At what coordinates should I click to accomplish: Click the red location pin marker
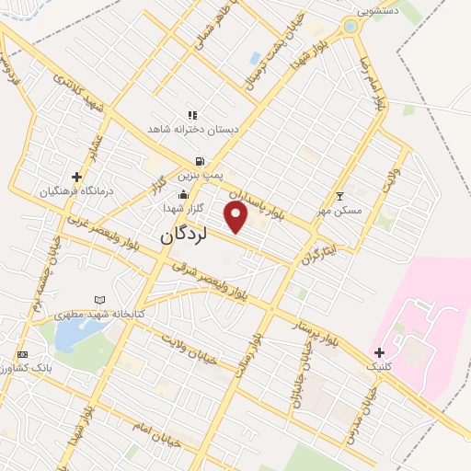click(x=236, y=217)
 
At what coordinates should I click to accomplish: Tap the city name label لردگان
click(x=184, y=234)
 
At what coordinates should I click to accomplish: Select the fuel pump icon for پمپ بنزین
click(x=200, y=160)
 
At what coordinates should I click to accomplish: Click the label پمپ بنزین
click(x=200, y=174)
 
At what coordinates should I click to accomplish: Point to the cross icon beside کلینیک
click(x=379, y=351)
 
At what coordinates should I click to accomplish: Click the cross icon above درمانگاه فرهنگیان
click(x=76, y=177)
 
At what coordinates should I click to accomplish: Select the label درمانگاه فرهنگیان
click(x=75, y=191)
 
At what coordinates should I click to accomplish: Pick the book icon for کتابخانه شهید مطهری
click(x=99, y=300)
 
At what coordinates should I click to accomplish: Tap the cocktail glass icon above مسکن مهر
click(x=339, y=196)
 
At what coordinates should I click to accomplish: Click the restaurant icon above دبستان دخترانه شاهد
click(x=192, y=115)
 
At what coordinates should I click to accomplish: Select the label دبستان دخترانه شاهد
click(x=195, y=131)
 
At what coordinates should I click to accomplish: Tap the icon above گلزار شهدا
click(x=184, y=194)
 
